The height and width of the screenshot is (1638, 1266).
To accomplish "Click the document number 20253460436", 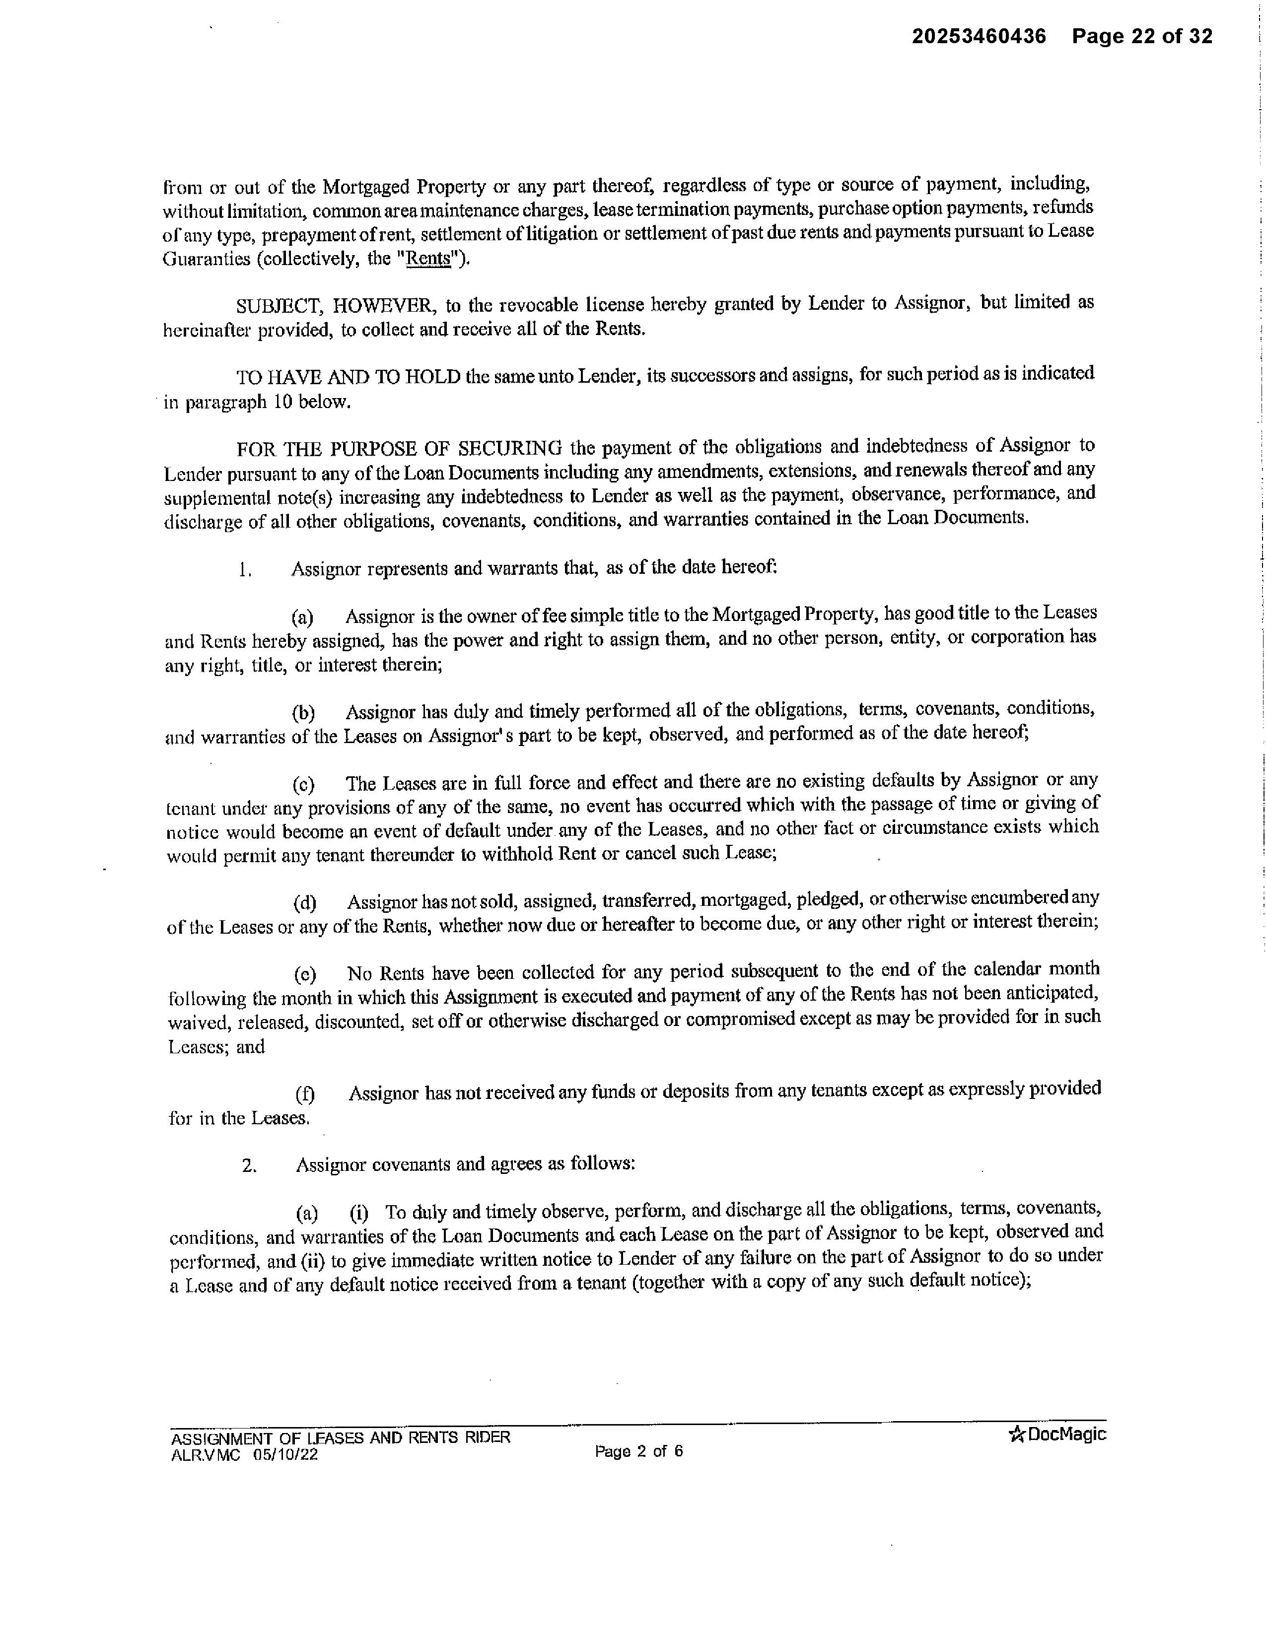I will point(978,36).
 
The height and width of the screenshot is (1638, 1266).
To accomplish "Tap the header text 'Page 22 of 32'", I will point(1141,36).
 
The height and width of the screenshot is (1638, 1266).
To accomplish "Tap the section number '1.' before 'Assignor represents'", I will point(244,570).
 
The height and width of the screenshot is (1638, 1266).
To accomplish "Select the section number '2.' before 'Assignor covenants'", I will point(249,1165).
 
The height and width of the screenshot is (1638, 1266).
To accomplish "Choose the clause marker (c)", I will point(303,784).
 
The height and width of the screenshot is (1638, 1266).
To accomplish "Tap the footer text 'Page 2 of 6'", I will point(638,1451).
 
